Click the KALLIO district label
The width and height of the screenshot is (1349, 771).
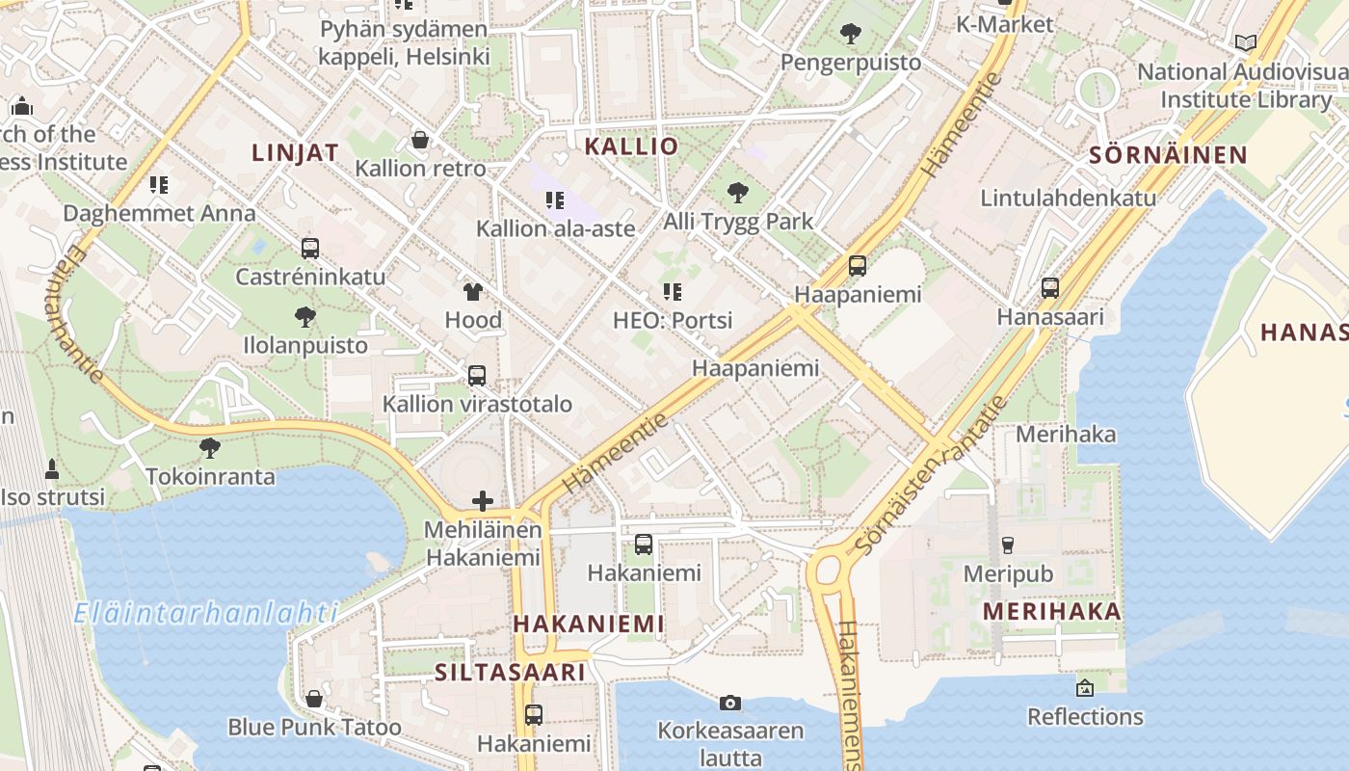coord(631,146)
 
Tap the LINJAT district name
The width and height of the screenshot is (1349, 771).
coord(295,152)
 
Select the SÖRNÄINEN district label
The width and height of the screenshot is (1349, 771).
coord(1168,155)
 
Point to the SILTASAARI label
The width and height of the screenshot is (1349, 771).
coord(510,672)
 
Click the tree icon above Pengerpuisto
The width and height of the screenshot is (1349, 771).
coord(850,35)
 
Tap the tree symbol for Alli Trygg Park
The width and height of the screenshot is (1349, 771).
coord(738,193)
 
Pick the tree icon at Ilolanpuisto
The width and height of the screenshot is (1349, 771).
coord(304,316)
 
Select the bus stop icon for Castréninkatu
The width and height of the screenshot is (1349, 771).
coord(310,249)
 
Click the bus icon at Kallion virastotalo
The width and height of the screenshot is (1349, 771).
coord(477,376)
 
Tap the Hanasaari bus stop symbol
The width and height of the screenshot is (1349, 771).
coord(1050,288)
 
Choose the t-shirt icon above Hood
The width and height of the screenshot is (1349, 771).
coord(473,291)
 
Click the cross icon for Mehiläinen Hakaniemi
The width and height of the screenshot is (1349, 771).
coord(483,501)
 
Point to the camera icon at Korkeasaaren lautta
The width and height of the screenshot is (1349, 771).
coord(730,703)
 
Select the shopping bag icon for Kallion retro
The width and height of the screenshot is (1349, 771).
coord(420,140)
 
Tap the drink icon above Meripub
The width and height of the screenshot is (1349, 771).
coord(1008,545)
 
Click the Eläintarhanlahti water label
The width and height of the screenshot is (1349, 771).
coord(205,613)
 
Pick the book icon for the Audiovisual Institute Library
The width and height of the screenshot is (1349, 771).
coord(1246,42)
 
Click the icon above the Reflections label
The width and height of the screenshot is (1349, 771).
coord(1085,688)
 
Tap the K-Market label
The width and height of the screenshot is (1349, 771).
coord(1005,24)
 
